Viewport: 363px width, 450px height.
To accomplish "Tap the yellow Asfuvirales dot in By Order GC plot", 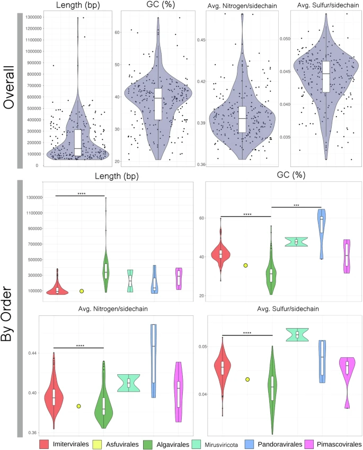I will coord(246,265).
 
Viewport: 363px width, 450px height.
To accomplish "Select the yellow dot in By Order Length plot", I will coord(82,291).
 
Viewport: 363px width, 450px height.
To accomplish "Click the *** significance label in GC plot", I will coord(296,204).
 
